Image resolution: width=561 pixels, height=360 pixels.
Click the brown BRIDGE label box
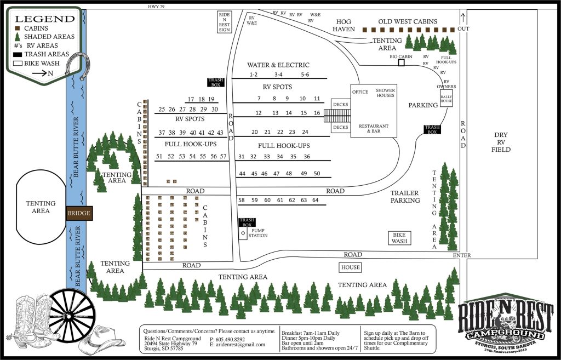pyautogui.click(x=78, y=213)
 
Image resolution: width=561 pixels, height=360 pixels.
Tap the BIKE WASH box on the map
pyautogui.click(x=399, y=238)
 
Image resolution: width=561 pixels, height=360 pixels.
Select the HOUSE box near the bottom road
pyautogui.click(x=351, y=267)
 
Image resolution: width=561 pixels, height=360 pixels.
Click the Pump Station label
pyautogui.click(x=258, y=233)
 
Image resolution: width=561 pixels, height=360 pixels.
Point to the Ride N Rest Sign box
pyautogui.click(x=224, y=22)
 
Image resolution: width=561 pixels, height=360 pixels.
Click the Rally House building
pyautogui.click(x=446, y=99)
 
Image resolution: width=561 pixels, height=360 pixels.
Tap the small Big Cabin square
pyautogui.click(x=401, y=64)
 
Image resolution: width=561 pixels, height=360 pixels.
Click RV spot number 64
pyautogui.click(x=315, y=200)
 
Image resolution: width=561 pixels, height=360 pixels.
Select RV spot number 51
pyautogui.click(x=159, y=157)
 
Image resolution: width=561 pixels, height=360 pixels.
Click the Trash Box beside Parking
pyautogui.click(x=432, y=129)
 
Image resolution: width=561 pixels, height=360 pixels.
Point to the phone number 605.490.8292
pyautogui.click(x=228, y=339)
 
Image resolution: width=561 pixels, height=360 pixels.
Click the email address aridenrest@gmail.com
pyautogui.click(x=239, y=345)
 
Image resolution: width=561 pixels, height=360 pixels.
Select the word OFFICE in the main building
pyautogui.click(x=360, y=92)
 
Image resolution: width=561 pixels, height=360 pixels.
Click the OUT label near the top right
pyautogui.click(x=463, y=28)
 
